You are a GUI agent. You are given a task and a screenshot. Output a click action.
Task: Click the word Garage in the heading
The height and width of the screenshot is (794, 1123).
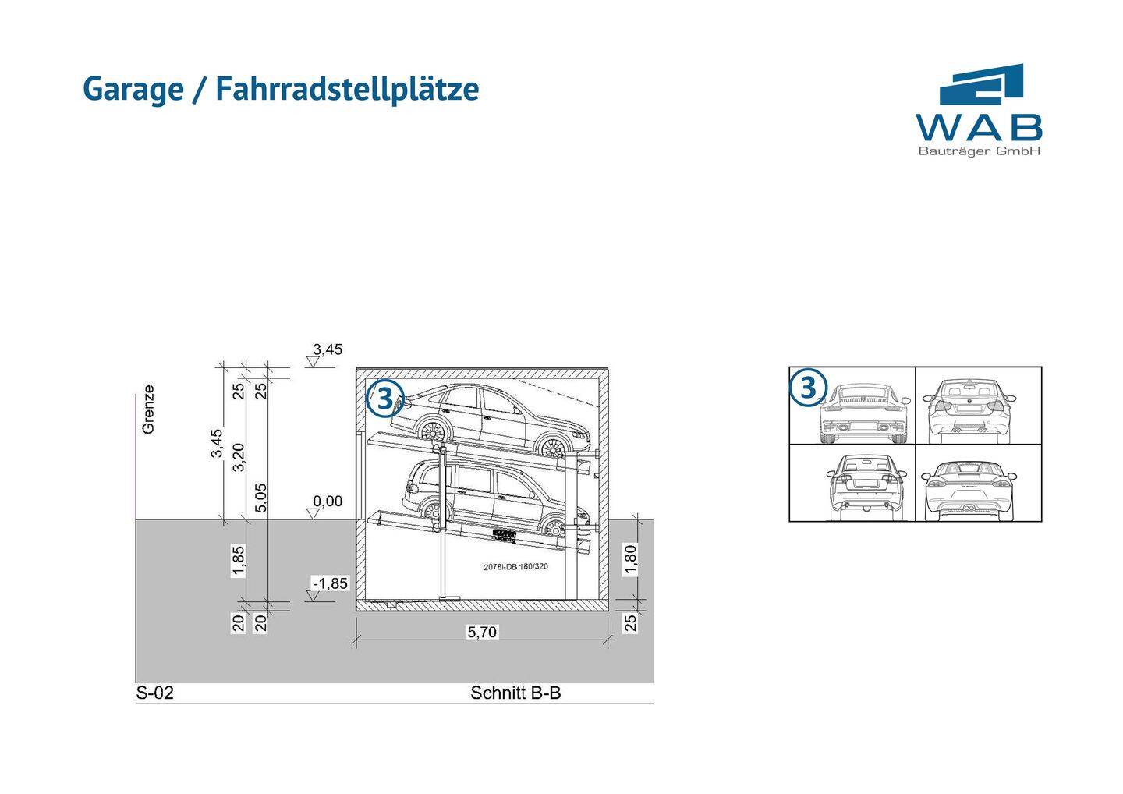(133, 89)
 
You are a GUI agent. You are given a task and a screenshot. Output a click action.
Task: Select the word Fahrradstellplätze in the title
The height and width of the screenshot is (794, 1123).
(347, 89)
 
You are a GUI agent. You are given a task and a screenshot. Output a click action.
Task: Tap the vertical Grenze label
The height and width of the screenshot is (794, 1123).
(148, 409)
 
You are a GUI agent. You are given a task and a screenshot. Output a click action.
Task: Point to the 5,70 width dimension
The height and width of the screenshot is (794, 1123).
(482, 632)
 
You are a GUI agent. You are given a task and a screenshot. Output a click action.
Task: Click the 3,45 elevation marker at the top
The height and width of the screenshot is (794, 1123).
(328, 349)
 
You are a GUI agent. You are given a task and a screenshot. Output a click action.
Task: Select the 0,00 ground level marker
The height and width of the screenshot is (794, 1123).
(328, 501)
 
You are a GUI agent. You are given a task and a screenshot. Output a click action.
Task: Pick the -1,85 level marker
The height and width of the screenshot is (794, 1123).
(331, 583)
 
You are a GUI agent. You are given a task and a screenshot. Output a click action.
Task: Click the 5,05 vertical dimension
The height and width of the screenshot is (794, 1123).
(261, 498)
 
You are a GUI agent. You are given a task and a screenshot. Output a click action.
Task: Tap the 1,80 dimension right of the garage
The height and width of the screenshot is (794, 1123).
(631, 559)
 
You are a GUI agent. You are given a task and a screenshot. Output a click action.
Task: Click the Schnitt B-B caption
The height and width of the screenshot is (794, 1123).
(515, 693)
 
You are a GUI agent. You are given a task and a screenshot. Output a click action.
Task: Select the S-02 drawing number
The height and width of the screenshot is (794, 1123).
(154, 693)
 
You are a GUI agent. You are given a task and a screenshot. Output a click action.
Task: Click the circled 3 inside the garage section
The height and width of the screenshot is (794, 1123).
(384, 398)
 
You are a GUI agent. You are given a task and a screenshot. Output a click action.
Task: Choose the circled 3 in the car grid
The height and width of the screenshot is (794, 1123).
(808, 388)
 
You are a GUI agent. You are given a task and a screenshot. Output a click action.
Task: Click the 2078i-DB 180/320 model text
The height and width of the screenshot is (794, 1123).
(515, 567)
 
